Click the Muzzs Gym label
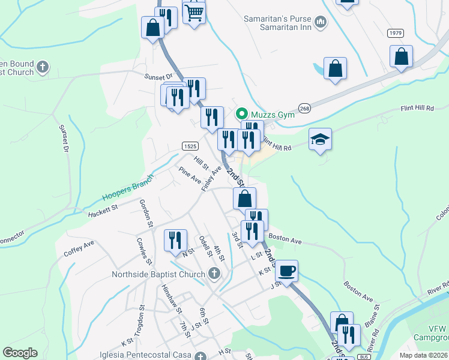coord(273,114)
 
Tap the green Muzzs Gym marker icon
coord(242,113)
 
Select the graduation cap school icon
coord(320,140)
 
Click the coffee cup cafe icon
coord(287,271)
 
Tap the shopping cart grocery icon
coord(194,12)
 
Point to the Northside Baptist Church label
coord(158,275)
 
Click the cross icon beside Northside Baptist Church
coord(214,275)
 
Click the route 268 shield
coord(305,109)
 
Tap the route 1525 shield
coord(190,146)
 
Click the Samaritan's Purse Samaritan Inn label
coord(279,22)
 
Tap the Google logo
coord(20,353)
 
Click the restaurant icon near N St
coord(175,240)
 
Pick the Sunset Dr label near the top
coord(158,76)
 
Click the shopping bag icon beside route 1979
coord(401,56)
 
